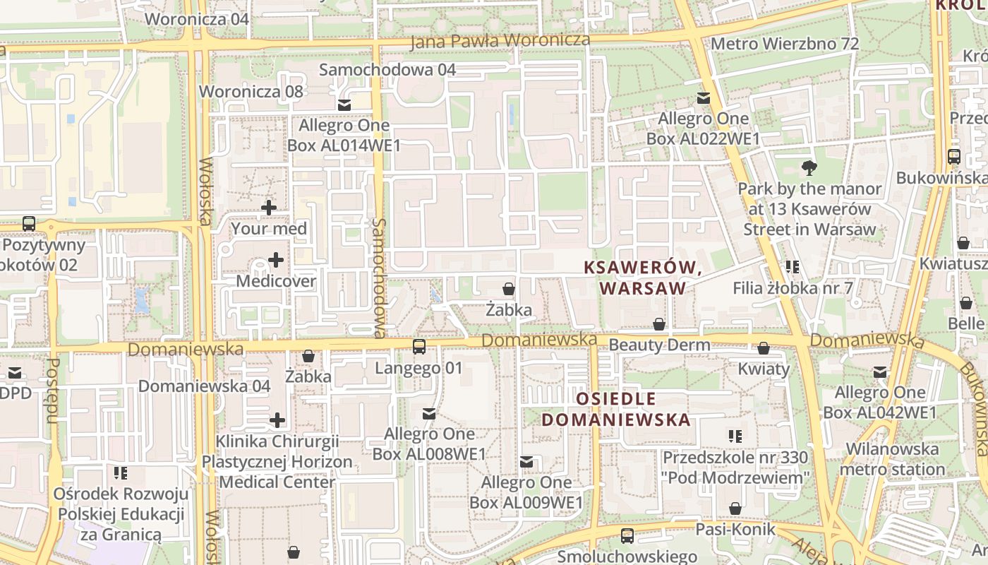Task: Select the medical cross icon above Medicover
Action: click(x=276, y=260)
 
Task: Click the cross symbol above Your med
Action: click(x=269, y=208)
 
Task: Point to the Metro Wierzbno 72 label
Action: click(x=785, y=44)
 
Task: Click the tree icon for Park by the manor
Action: click(x=809, y=168)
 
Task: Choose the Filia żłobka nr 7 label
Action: click(x=793, y=287)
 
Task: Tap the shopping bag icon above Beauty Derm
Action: click(x=659, y=324)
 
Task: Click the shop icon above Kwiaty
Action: click(x=764, y=348)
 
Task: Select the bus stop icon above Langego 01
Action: click(x=419, y=347)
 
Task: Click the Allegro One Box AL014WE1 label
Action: click(x=344, y=136)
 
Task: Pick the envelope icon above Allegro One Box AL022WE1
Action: click(x=704, y=98)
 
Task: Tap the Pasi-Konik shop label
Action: click(x=735, y=529)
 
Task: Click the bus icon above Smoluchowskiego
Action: click(x=627, y=536)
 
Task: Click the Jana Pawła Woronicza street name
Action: click(x=500, y=41)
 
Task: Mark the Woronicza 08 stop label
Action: click(x=251, y=91)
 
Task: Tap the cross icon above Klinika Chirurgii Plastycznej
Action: click(x=277, y=421)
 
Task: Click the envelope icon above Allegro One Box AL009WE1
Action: click(x=526, y=462)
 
